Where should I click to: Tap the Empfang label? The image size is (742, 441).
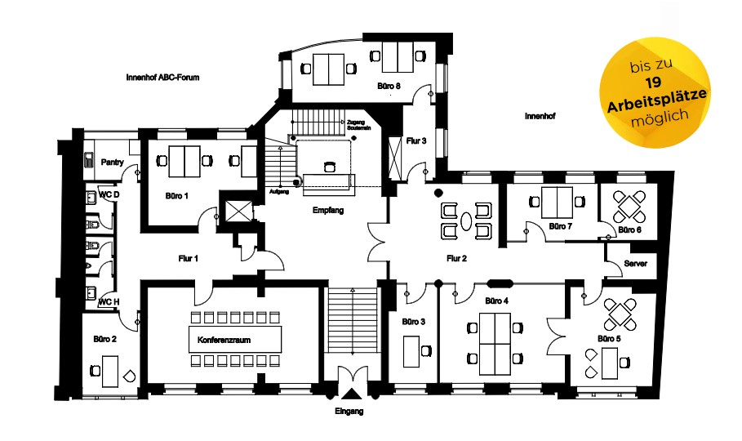tap(328, 211)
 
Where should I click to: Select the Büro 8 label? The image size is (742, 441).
tap(389, 85)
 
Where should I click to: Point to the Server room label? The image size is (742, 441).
tap(635, 264)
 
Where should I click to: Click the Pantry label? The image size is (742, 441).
tap(112, 163)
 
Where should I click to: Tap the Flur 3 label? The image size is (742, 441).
tap(416, 141)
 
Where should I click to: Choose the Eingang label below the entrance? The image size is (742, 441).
tap(349, 412)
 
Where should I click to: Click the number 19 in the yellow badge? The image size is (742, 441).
tap(653, 83)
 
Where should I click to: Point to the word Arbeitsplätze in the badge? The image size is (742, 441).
tap(657, 100)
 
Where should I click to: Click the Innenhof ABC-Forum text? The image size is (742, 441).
tap(163, 78)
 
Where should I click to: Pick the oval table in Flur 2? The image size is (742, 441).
tap(466, 220)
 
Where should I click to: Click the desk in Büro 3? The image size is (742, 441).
tap(411, 351)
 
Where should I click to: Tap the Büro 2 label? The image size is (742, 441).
tap(105, 338)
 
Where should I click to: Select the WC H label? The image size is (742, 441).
tap(108, 301)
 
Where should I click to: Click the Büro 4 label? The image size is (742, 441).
tap(496, 301)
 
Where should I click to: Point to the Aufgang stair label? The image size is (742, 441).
tap(278, 192)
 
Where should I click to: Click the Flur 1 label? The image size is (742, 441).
tap(189, 258)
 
